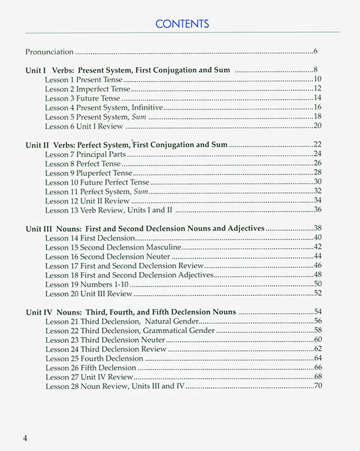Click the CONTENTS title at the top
click(x=181, y=24)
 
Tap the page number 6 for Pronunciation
click(x=316, y=51)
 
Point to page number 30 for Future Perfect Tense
click(x=317, y=182)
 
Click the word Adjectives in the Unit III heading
click(x=241, y=228)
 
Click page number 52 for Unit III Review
click(x=317, y=293)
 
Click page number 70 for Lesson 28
click(x=317, y=386)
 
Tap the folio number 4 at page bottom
click(x=25, y=437)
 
